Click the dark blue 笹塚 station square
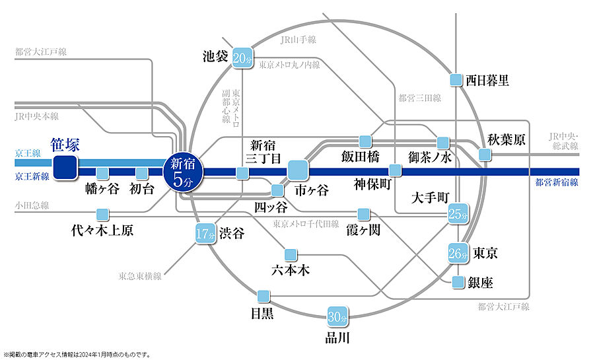point(65,168)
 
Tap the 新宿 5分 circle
point(182,172)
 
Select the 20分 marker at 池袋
point(242,58)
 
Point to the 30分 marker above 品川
point(337,317)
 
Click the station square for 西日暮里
point(455,81)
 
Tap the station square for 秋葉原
point(485,155)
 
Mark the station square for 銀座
point(458,283)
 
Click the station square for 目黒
point(263,295)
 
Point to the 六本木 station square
point(290,254)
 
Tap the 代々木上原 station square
point(102,214)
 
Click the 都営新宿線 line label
point(557,182)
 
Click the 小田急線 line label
point(31,205)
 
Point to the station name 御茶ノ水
point(430,157)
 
